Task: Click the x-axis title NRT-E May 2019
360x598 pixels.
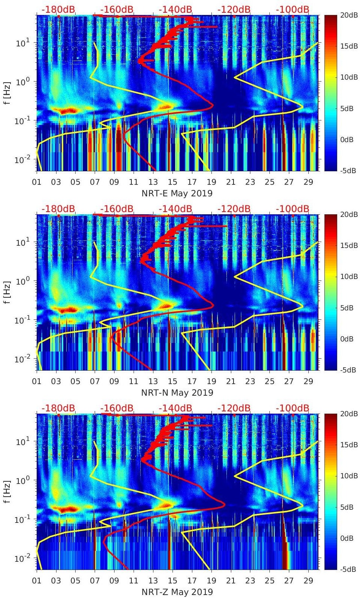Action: (177, 193)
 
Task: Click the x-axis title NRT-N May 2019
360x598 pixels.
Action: (177, 393)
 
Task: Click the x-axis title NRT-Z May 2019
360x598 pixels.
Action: (177, 592)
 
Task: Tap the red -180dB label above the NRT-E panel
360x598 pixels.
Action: (58, 9)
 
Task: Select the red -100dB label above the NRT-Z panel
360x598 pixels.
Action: (292, 408)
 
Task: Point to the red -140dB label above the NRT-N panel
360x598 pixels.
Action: (175, 209)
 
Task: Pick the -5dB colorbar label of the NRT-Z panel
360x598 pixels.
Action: (348, 569)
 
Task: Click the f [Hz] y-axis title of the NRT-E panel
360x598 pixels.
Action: (8, 93)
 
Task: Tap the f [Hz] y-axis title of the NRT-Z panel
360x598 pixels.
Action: (8, 491)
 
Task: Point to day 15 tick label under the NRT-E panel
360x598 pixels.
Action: (173, 182)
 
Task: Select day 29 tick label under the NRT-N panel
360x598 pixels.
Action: (308, 381)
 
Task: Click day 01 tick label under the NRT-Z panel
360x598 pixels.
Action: (37, 581)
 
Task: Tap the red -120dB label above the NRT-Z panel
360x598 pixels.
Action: (234, 408)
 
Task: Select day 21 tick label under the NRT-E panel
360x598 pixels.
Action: (231, 182)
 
